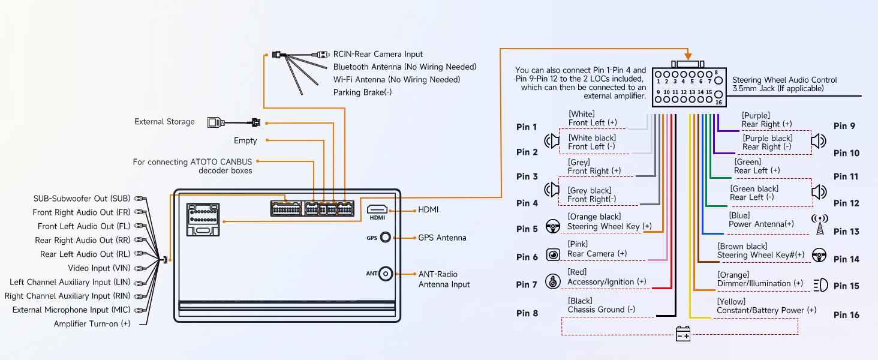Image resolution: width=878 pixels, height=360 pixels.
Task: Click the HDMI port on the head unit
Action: tap(377, 210)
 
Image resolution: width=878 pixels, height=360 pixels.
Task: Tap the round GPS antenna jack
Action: tap(387, 238)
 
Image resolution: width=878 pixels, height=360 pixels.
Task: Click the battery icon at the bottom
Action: tap(684, 334)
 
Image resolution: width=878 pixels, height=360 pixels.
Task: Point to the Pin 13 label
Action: tap(846, 232)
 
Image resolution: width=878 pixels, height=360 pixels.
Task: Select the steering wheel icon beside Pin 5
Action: tap(552, 226)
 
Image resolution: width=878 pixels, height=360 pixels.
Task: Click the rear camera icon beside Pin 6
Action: tap(552, 254)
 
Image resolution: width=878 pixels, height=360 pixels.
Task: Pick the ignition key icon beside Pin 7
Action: tap(552, 281)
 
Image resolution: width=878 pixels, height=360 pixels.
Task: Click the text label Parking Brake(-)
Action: tap(362, 92)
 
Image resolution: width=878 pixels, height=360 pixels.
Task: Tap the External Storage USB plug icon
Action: tap(214, 122)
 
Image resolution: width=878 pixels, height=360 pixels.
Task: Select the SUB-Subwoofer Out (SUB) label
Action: tap(82, 199)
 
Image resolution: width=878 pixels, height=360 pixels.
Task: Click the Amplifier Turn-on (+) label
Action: tap(92, 324)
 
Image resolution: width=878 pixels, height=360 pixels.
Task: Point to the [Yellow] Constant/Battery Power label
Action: tap(766, 306)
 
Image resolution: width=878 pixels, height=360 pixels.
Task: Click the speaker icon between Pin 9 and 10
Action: tap(819, 141)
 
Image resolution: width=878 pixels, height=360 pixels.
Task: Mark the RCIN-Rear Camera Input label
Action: tap(378, 54)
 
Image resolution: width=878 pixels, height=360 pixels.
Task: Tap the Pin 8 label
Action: tap(527, 313)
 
